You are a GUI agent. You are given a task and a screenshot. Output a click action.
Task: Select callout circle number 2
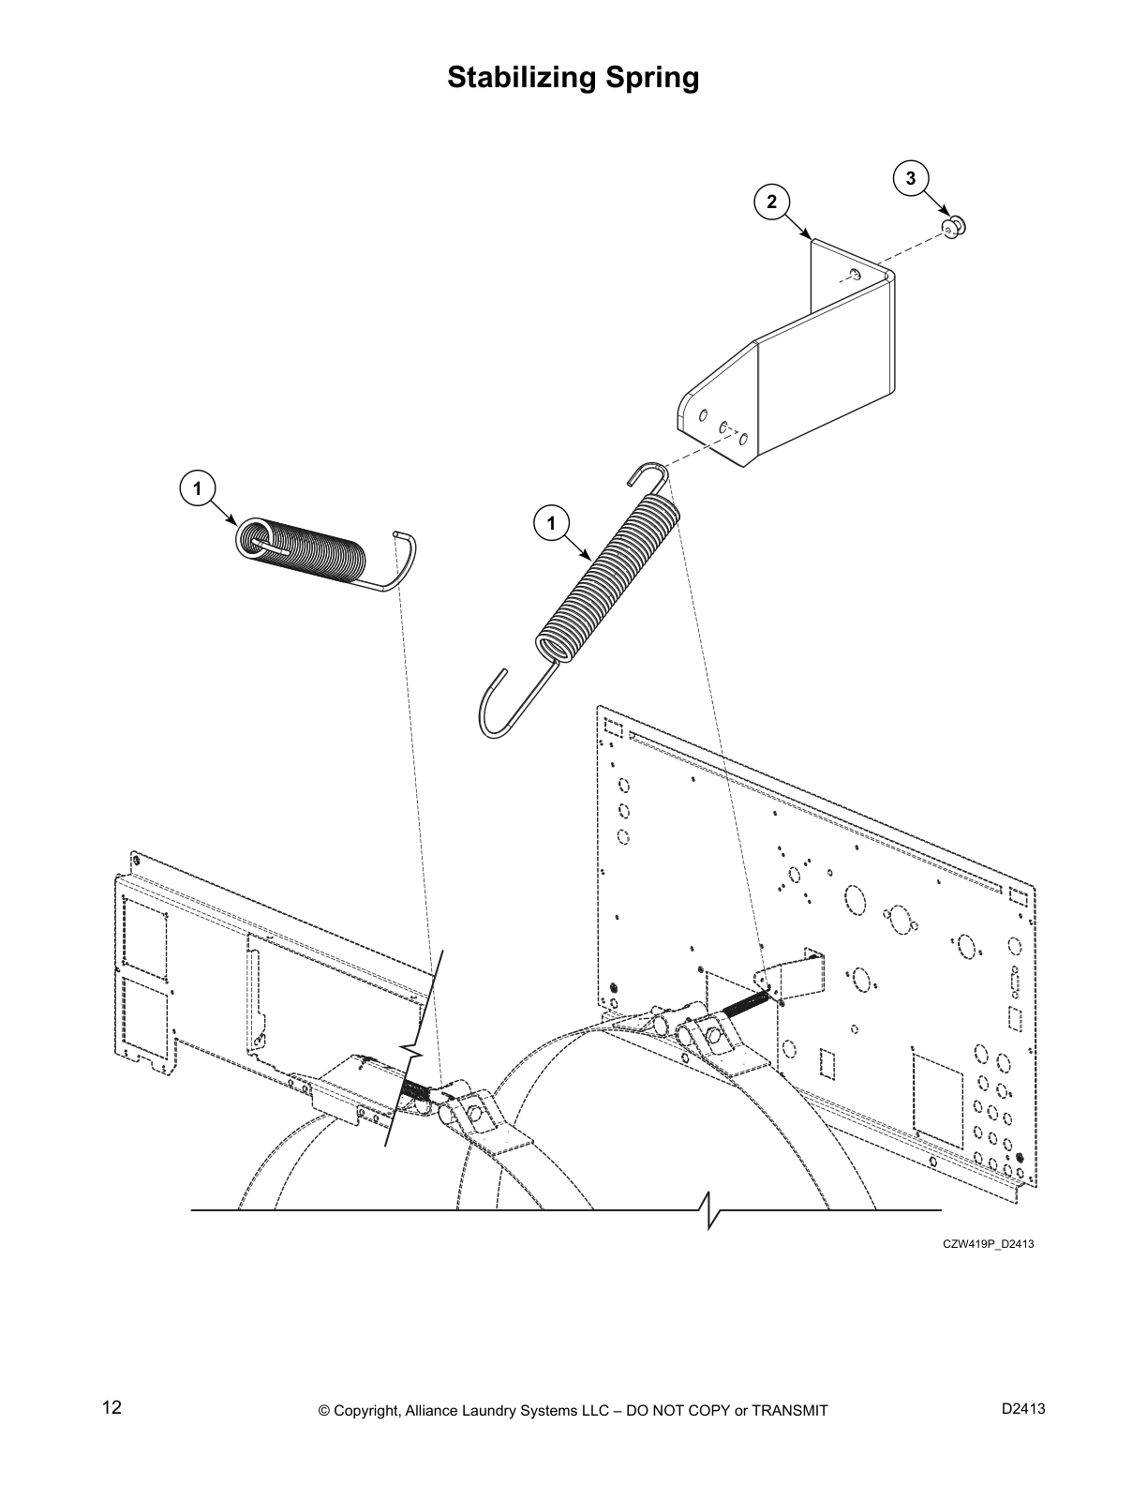coord(771,201)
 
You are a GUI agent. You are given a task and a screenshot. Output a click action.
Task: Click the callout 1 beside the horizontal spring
coord(197,487)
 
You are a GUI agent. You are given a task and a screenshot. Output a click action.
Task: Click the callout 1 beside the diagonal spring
coord(551,522)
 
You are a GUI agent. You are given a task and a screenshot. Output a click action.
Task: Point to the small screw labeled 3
coord(954,226)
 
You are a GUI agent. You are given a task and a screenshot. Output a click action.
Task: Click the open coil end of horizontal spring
coord(254,541)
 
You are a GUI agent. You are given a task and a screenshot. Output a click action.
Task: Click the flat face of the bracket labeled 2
coord(825,366)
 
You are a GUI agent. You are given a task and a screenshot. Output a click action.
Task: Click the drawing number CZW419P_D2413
coord(988,1244)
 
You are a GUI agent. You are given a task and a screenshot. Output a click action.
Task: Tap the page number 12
coord(112,1408)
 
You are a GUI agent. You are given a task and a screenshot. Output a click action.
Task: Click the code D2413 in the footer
coord(1023,1408)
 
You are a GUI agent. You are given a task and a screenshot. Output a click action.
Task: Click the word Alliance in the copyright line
coord(433,1411)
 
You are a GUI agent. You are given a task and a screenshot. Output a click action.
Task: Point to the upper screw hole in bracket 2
coord(855,274)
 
